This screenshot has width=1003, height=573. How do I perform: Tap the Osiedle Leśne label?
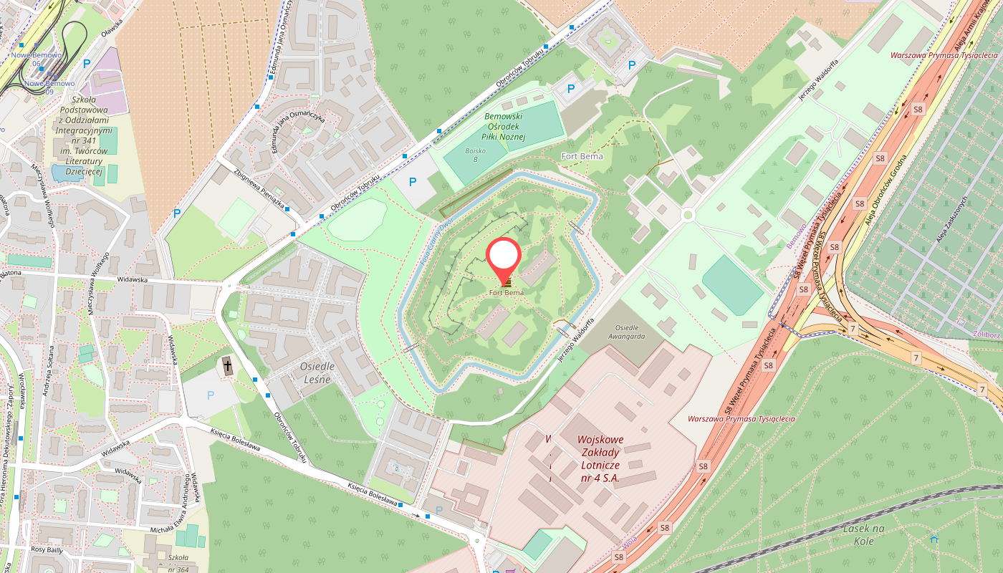click(315, 372)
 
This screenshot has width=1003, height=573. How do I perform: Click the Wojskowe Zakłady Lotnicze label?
click(600, 458)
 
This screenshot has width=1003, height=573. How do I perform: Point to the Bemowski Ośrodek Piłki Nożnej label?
click(504, 126)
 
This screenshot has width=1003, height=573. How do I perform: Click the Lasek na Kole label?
click(864, 535)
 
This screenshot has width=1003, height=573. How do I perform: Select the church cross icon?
click(228, 367)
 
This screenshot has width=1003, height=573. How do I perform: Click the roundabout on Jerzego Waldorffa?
click(688, 214)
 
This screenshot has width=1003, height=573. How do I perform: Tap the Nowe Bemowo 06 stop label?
click(36, 59)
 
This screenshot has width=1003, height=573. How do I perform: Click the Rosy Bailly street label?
click(48, 549)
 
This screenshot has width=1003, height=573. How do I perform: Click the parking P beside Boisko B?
click(412, 182)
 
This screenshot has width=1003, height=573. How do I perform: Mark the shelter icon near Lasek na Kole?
click(934, 539)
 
